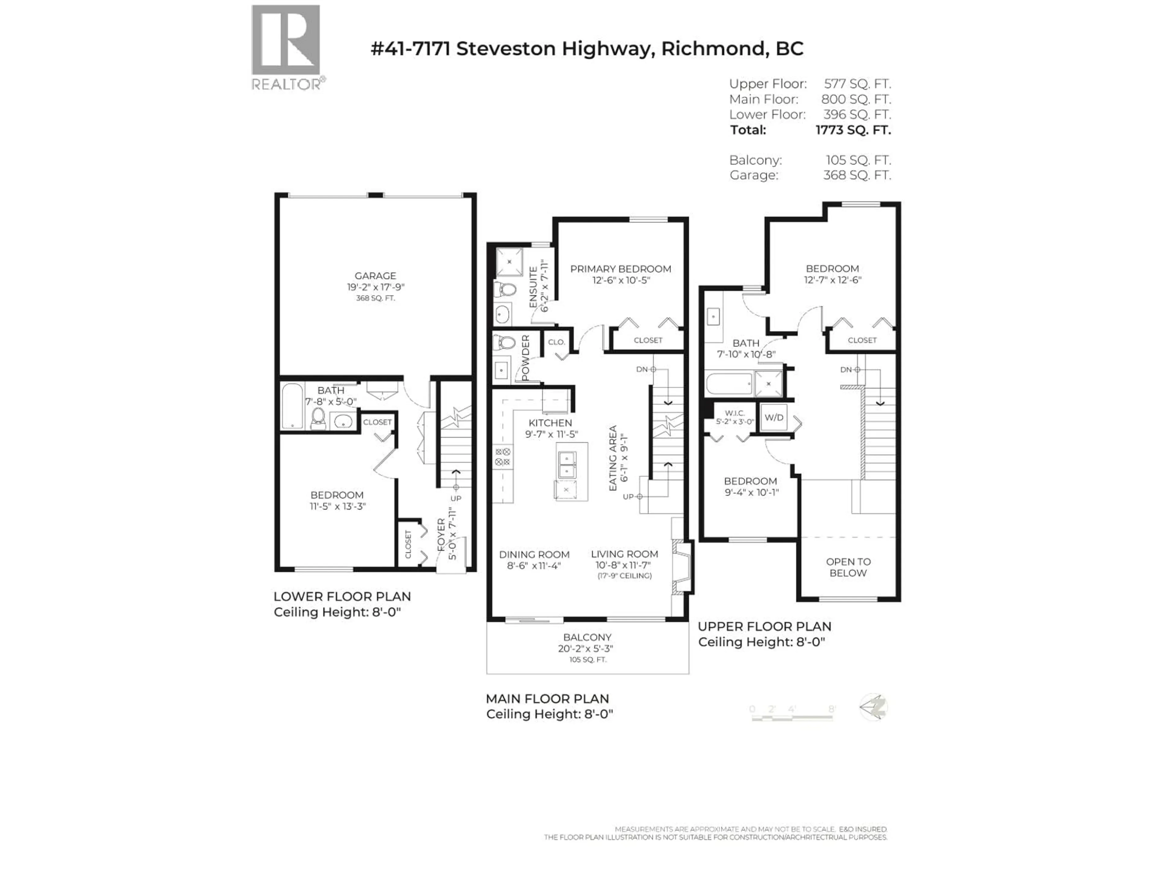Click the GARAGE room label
pos(375,276)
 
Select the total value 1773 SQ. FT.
pos(853,130)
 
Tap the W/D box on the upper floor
pos(774,417)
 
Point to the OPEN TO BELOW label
pos(848,567)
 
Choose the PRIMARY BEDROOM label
pos(621,269)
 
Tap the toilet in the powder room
pos(503,343)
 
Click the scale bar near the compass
pos(792,717)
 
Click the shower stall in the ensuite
pos(509,262)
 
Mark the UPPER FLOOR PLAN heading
pos(764,626)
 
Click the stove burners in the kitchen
pos(502,457)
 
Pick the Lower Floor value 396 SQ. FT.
pos(857,115)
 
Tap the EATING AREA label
pos(613,458)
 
